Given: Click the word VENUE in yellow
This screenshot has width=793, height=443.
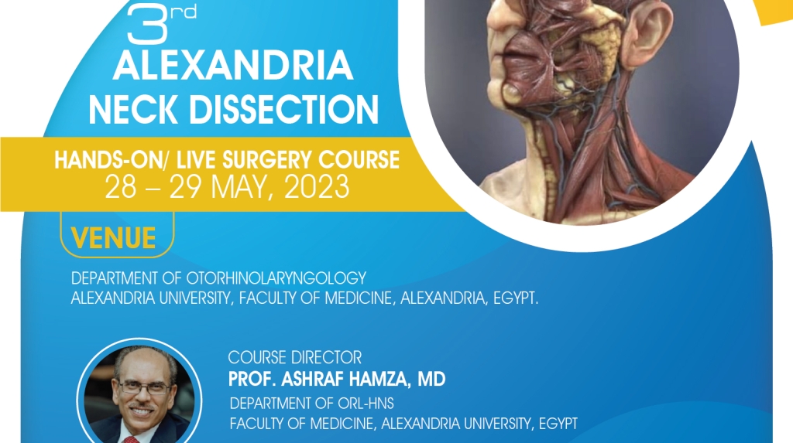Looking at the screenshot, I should click(113, 238).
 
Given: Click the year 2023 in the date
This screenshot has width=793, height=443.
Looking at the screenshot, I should click(314, 187).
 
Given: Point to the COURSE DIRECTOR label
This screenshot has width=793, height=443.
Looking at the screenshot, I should click(294, 358).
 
